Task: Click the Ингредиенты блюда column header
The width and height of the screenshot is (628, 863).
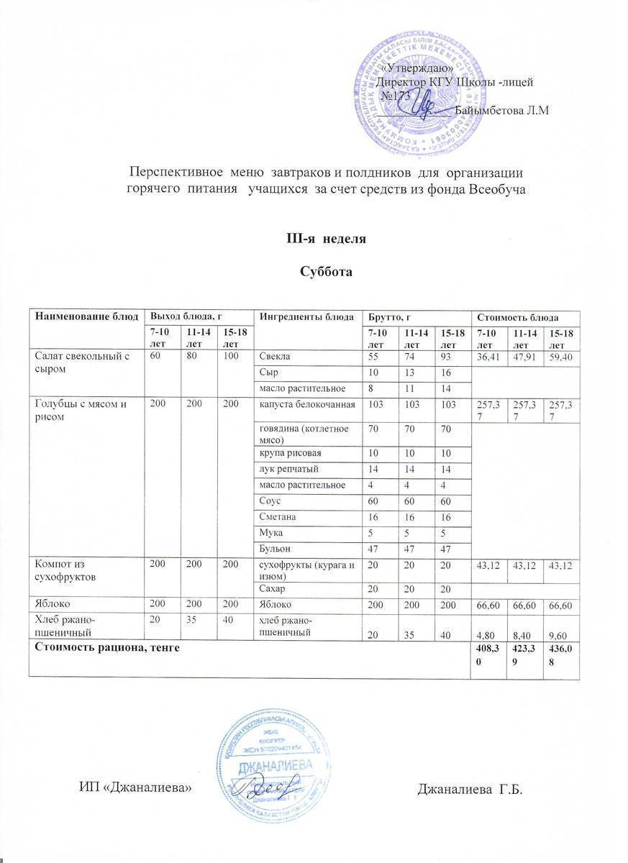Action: (x=307, y=316)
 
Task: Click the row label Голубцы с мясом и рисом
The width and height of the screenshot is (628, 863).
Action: (x=81, y=410)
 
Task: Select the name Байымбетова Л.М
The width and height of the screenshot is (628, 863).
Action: (x=503, y=110)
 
